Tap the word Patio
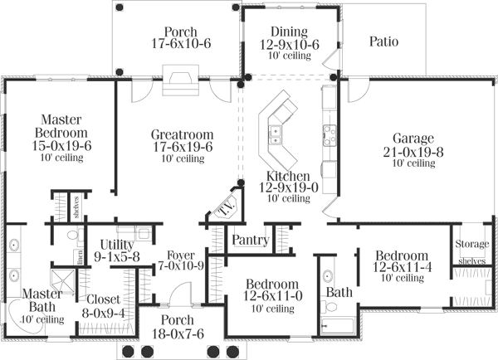click(x=385, y=39)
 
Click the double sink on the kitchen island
click(x=275, y=129)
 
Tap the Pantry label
click(x=250, y=241)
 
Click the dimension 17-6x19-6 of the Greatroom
click(x=182, y=147)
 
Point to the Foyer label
click(x=180, y=254)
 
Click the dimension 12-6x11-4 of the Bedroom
click(x=401, y=268)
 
